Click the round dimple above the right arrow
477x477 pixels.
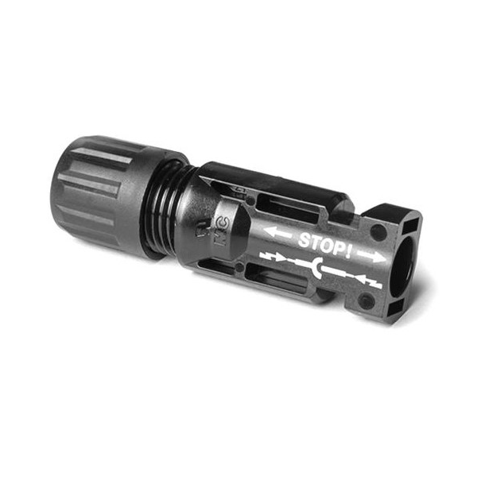point(378,231)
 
